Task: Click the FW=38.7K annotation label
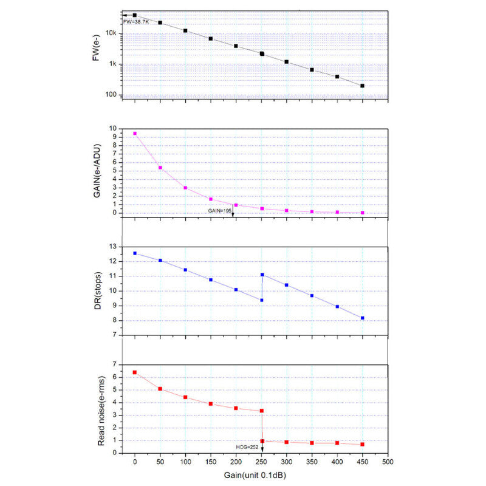coord(136,22)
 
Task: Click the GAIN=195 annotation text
coord(219,210)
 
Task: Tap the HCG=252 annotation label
coord(247,447)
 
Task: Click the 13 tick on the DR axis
coord(112,247)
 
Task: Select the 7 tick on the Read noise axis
coord(114,364)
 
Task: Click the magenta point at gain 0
coord(135,133)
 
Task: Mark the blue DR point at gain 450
coord(363,318)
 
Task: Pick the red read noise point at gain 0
coord(135,372)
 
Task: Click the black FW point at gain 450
coord(363,86)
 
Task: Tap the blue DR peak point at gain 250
coord(262,275)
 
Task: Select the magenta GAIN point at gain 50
coord(160,168)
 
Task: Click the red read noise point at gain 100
coord(185,397)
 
